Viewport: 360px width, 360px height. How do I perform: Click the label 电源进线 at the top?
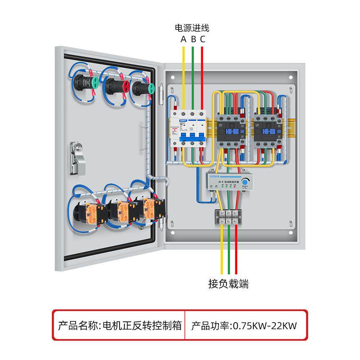click(192, 28)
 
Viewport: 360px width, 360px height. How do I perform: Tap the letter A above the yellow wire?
click(184, 39)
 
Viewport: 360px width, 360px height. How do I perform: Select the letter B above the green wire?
click(193, 39)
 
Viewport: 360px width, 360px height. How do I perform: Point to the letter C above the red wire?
click(203, 39)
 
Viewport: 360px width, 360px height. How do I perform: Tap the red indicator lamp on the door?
click(125, 86)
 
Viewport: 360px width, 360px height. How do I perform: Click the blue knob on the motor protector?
click(246, 182)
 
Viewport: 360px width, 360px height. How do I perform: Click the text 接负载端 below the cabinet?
click(228, 284)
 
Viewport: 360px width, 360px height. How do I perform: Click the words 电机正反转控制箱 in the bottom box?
click(142, 327)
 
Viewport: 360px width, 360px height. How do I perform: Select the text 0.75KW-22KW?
click(265, 327)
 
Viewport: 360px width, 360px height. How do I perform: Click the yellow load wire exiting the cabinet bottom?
click(222, 252)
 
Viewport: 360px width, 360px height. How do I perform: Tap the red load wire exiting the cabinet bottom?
click(236, 252)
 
